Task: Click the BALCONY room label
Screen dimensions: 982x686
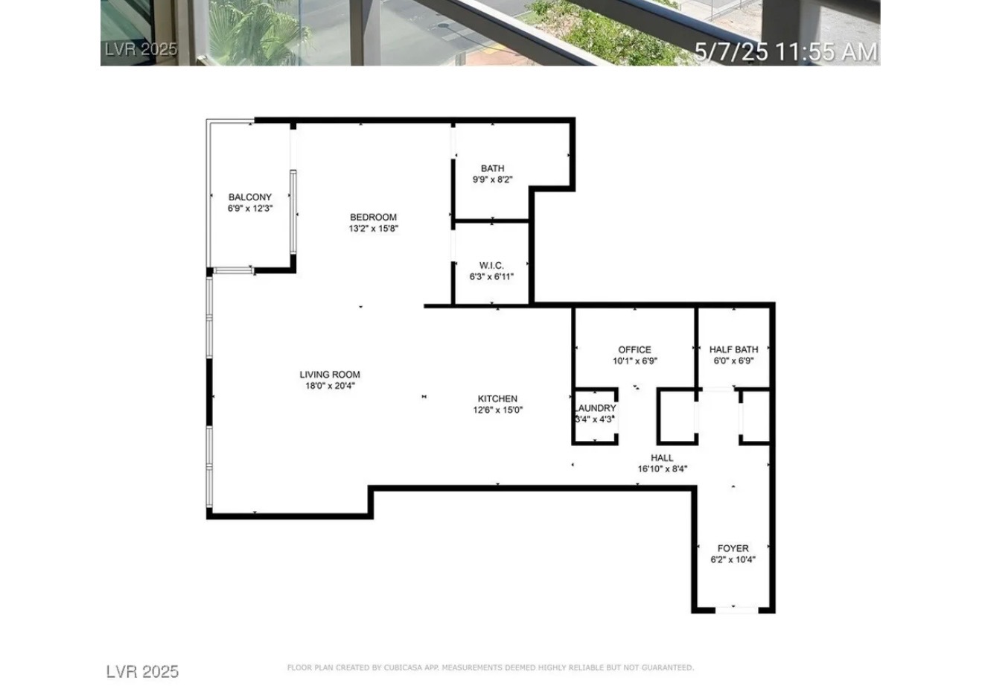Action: [x=250, y=197]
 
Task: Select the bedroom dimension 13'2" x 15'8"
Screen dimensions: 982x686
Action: [x=374, y=229]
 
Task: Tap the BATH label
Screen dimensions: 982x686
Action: [x=492, y=168]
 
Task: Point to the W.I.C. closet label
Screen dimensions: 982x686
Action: [x=491, y=265]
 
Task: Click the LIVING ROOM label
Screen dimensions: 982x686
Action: [x=330, y=375]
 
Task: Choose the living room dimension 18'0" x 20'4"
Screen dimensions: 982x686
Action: [x=330, y=386]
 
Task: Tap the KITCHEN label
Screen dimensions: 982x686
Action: [x=497, y=398]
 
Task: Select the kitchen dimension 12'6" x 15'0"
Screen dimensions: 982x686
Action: [x=498, y=410]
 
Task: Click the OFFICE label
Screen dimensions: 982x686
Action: [x=635, y=349]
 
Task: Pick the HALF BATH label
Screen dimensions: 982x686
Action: [x=734, y=349]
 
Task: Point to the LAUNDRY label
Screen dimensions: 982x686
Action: [x=596, y=408]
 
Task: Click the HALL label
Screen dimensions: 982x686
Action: [x=662, y=458]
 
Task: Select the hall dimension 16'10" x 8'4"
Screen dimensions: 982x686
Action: [x=663, y=469]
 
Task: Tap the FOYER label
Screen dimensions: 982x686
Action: [x=733, y=548]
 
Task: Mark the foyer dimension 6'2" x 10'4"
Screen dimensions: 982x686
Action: [x=733, y=559]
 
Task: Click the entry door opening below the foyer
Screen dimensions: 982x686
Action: [x=737, y=610]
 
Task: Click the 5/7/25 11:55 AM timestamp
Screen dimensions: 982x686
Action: [x=786, y=51]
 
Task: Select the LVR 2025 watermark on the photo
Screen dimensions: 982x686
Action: [x=141, y=49]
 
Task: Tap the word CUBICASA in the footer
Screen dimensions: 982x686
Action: [x=404, y=667]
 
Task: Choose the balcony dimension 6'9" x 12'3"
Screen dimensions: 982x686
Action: [x=250, y=209]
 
